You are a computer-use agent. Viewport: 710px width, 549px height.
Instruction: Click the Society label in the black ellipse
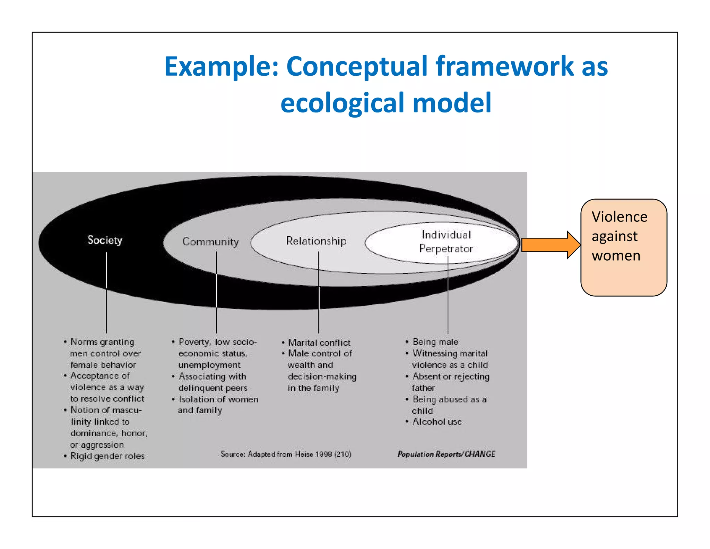[105, 240]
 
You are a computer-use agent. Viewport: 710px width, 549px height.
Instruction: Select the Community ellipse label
[210, 242]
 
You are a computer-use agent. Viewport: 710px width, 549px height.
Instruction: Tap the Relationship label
[316, 241]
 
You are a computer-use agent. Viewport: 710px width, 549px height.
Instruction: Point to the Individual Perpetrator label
[446, 242]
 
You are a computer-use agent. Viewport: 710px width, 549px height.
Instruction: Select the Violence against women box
[623, 247]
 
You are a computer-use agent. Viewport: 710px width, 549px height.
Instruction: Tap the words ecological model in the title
[386, 103]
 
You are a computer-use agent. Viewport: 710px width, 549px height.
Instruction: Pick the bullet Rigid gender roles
[107, 456]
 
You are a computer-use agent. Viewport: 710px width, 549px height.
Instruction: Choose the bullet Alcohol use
[437, 422]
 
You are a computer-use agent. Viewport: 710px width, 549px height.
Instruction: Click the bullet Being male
[435, 342]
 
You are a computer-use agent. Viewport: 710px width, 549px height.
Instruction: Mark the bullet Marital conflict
[319, 343]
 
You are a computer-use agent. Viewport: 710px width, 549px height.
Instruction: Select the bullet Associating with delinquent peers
[213, 382]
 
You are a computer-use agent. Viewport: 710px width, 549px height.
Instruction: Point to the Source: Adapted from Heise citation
[286, 454]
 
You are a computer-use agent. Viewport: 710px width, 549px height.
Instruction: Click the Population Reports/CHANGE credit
[446, 454]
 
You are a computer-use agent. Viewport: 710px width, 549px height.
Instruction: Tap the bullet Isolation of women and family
[218, 405]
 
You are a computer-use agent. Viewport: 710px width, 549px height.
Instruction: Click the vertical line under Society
[106, 295]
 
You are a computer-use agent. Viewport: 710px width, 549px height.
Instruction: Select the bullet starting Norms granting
[103, 353]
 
